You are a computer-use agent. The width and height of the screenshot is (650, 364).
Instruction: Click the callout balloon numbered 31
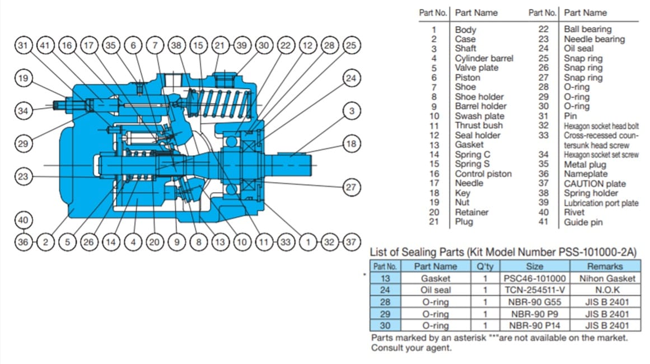pos(23,45)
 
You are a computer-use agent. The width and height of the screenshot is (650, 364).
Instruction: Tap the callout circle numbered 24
pos(351,78)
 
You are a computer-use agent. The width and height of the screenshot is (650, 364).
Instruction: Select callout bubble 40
pos(23,220)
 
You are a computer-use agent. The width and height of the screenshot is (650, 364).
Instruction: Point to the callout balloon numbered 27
pos(351,187)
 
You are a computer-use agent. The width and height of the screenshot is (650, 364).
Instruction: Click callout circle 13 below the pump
pos(220,242)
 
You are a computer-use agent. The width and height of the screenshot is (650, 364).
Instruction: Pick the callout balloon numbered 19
pos(23,78)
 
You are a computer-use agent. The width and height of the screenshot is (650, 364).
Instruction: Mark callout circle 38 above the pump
pos(176,45)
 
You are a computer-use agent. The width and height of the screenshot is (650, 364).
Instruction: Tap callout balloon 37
pos(351,242)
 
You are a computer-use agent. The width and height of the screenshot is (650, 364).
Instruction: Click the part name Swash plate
pos(480,116)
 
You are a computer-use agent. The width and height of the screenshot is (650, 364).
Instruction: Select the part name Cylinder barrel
pos(484,58)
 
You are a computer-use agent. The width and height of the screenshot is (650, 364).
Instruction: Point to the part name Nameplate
pos(585,174)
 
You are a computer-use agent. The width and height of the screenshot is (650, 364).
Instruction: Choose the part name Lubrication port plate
pos(601,203)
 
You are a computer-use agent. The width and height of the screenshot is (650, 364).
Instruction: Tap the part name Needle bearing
pos(595,39)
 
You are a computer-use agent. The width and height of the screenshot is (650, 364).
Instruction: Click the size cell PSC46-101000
pos(535,278)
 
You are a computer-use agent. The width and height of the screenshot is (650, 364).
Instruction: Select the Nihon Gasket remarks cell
pos(606,278)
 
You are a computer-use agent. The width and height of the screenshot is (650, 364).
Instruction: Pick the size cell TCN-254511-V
pos(535,290)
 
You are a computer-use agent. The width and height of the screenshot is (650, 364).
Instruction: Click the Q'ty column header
pos(485,266)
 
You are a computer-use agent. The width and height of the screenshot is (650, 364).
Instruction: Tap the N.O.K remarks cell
pos(606,290)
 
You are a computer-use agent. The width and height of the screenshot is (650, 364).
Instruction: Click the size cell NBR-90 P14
pos(535,325)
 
